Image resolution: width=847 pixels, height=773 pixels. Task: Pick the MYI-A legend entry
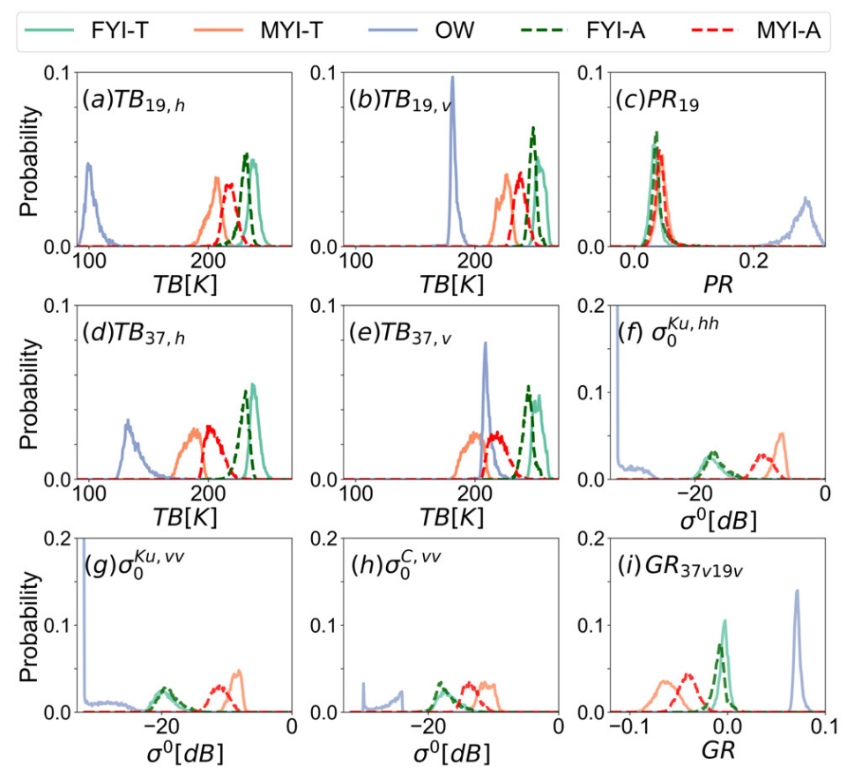(763, 33)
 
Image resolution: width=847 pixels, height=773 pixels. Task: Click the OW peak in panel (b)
(453, 78)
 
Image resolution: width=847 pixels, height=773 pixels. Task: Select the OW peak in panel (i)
(797, 591)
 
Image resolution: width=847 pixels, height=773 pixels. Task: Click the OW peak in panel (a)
(88, 164)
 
